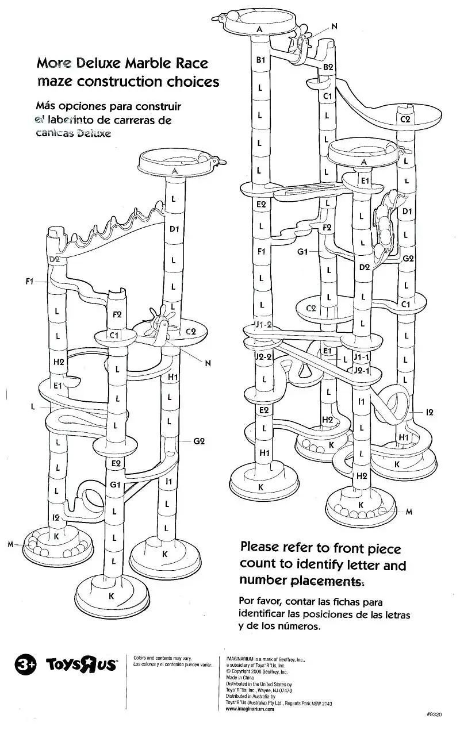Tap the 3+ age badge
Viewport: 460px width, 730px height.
tap(25, 664)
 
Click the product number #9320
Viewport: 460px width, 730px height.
tap(434, 714)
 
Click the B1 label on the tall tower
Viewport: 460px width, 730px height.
tap(260, 60)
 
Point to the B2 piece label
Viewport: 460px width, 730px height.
tap(328, 67)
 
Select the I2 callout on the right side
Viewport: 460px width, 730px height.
tap(429, 412)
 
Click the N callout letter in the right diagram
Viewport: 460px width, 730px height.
tap(335, 26)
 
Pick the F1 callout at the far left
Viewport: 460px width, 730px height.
tap(30, 282)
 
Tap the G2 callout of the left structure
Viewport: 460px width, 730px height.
tap(199, 441)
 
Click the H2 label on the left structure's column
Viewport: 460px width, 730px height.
tap(58, 362)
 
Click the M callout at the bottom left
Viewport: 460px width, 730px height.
tap(10, 544)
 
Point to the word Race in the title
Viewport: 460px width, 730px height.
tap(189, 63)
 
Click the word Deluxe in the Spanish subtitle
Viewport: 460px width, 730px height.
tap(90, 133)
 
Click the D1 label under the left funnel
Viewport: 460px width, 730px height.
tap(174, 229)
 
